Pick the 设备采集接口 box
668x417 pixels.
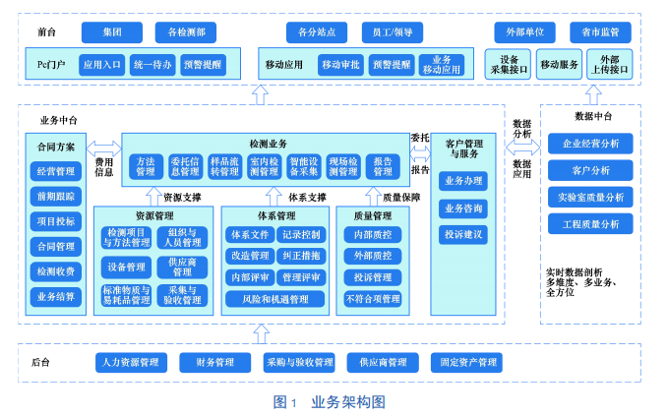coord(509,65)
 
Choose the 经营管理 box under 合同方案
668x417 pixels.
coord(56,170)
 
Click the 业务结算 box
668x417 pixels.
coord(56,296)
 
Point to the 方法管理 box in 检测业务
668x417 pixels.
coord(146,166)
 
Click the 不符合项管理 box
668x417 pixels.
coord(372,298)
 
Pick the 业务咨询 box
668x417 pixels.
coord(462,208)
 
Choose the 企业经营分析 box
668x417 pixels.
coord(590,144)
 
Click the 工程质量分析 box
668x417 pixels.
coord(590,223)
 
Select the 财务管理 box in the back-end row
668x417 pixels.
coord(213,362)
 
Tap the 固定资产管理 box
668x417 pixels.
coord(468,362)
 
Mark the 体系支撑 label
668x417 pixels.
coord(307,197)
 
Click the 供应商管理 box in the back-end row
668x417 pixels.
coord(383,362)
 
